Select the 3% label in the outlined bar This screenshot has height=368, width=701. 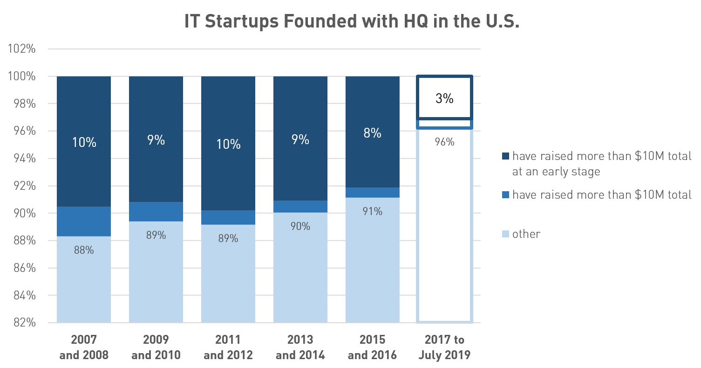444,98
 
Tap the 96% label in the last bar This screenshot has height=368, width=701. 444,142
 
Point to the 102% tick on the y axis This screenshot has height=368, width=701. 22,49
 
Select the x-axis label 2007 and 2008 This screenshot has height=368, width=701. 84,347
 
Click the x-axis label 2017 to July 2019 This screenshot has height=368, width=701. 444,347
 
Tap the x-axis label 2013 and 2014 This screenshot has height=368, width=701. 300,347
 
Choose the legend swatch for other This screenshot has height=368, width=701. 506,233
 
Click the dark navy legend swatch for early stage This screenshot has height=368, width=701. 506,156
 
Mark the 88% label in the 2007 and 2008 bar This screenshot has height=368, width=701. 84,250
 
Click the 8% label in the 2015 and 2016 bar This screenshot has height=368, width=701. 372,133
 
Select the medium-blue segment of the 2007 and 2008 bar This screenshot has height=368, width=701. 84,222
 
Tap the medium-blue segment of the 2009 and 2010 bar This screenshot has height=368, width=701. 156,212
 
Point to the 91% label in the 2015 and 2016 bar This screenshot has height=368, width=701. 372,211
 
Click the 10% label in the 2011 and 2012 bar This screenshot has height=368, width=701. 228,144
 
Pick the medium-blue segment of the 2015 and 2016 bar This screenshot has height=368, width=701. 372,193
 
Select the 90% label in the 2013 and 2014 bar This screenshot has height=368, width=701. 300,226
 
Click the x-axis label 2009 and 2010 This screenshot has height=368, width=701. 156,347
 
